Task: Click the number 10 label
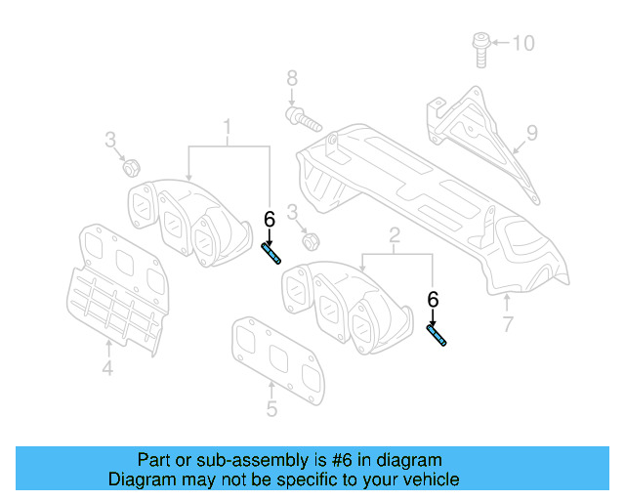(x=524, y=43)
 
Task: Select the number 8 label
(x=291, y=78)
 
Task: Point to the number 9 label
(x=532, y=132)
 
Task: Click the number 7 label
(x=507, y=324)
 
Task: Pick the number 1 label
(x=228, y=127)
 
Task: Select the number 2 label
(x=395, y=235)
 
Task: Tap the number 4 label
(x=107, y=368)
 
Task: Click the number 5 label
(x=271, y=410)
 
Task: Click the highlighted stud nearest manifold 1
(x=271, y=255)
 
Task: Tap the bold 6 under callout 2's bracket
(x=433, y=300)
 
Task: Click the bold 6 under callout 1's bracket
(x=269, y=220)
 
